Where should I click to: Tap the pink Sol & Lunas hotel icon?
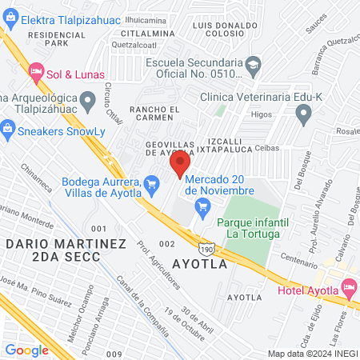[x=36, y=73]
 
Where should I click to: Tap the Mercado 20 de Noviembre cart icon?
[x=202, y=210]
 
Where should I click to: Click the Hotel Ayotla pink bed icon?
[x=348, y=286]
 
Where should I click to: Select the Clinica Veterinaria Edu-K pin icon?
[x=302, y=116]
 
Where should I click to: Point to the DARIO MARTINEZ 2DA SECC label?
[x=52, y=250]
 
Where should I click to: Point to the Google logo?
[x=27, y=350]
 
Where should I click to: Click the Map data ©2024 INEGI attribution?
[x=313, y=354]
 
